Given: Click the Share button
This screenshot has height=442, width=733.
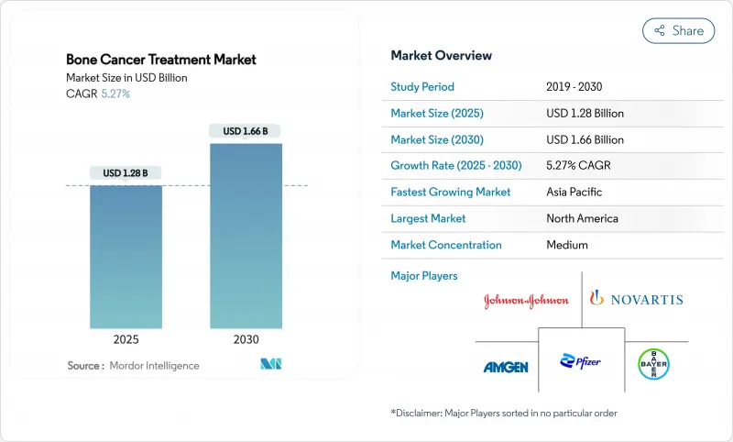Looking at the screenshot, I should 678,31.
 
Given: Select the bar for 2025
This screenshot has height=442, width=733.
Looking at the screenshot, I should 126,257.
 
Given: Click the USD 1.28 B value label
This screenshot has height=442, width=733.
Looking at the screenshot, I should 126,173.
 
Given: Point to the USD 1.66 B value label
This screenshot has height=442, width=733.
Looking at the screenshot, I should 246,131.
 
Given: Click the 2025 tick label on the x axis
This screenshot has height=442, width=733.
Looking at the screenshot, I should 126,339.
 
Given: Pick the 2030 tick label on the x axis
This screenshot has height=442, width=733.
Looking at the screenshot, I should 246,339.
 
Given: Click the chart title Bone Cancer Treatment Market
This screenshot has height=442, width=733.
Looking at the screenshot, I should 161,60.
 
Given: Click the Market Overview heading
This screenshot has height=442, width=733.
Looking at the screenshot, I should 441,56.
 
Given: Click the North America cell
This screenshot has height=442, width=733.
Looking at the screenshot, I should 582,218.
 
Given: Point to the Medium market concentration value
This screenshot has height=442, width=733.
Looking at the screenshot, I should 567,245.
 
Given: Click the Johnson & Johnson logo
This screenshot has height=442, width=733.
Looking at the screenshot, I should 526,300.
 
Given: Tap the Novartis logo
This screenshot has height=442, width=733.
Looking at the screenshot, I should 636,299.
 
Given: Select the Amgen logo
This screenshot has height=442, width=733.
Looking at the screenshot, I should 506,367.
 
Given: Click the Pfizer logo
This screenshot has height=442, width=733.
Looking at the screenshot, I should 581,361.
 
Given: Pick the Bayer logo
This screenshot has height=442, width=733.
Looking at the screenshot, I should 654,363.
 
